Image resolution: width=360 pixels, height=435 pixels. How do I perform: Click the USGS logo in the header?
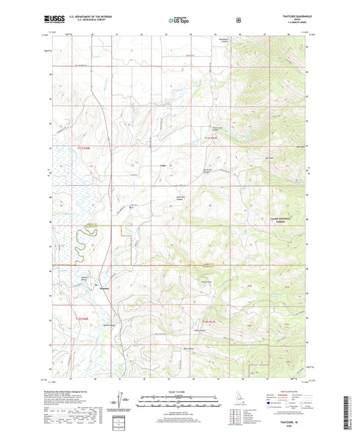point(54,20)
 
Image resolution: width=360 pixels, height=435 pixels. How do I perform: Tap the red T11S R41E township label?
point(212,138)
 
